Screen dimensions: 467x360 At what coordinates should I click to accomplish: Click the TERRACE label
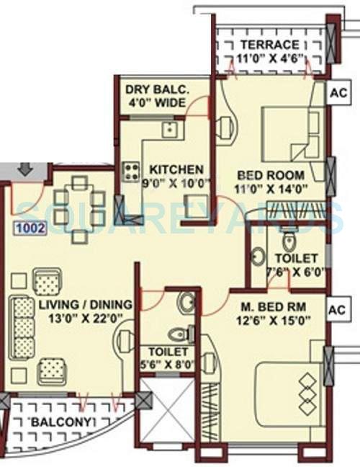point(270,45)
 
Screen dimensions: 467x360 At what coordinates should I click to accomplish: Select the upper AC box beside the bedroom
point(337,93)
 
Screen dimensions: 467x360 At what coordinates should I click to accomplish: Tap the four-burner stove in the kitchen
point(132,172)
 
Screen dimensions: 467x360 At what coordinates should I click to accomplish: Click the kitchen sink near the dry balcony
point(170,130)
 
